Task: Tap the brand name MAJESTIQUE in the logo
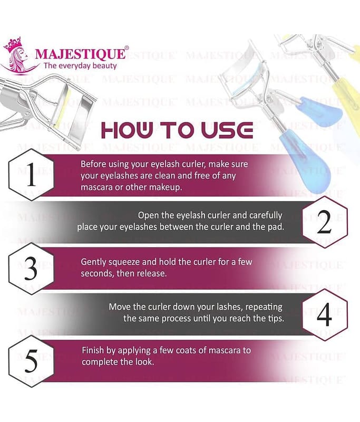point(81,53)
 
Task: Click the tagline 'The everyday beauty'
point(80,66)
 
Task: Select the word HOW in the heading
point(128,130)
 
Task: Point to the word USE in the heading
point(227,130)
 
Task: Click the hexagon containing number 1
point(31,175)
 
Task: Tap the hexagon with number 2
point(325,222)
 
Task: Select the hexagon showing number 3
point(31,268)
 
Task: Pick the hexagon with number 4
point(325,314)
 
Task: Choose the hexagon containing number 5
point(31,361)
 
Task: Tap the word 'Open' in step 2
point(147,216)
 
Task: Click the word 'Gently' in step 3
point(93,262)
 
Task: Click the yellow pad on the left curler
point(63,107)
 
